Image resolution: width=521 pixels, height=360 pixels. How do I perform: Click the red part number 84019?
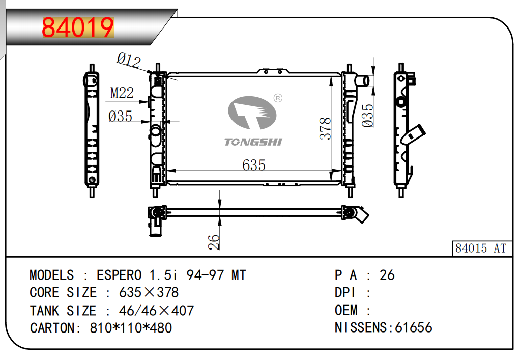pos(78,28)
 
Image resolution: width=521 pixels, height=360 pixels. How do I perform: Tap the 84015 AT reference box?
pos(481,248)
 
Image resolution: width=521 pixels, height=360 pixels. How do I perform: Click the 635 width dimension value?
pos(254,164)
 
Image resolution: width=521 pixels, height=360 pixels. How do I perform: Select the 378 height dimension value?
pos(325,129)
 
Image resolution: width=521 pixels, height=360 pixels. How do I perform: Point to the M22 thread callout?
pos(122,93)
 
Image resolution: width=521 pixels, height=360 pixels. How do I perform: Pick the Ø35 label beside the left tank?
pos(121,117)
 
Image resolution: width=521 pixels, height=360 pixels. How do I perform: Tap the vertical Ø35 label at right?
pos(367,115)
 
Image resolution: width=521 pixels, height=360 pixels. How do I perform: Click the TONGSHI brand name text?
pos(253,142)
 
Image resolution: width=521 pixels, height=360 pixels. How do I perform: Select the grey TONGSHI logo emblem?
pos(252,114)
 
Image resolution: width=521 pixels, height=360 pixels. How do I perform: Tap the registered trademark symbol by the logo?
pos(278,98)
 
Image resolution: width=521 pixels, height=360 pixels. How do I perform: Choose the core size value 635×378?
pos(149,293)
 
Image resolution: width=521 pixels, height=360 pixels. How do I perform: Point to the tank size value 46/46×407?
pos(156,310)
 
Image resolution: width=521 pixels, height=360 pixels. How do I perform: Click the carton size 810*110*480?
pos(131,327)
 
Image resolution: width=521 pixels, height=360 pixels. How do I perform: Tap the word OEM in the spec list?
pos(346,310)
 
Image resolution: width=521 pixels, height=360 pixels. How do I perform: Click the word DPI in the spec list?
pos(344,293)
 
